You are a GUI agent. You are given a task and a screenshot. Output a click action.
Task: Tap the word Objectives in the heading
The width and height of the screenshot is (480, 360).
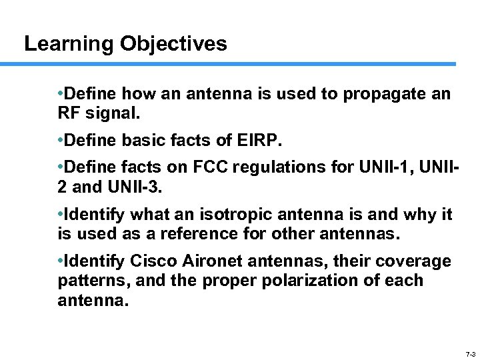(x=173, y=44)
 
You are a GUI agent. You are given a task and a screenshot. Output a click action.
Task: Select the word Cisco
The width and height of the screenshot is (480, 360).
(x=150, y=261)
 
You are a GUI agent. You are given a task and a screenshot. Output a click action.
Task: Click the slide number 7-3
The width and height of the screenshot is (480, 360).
(x=469, y=354)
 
